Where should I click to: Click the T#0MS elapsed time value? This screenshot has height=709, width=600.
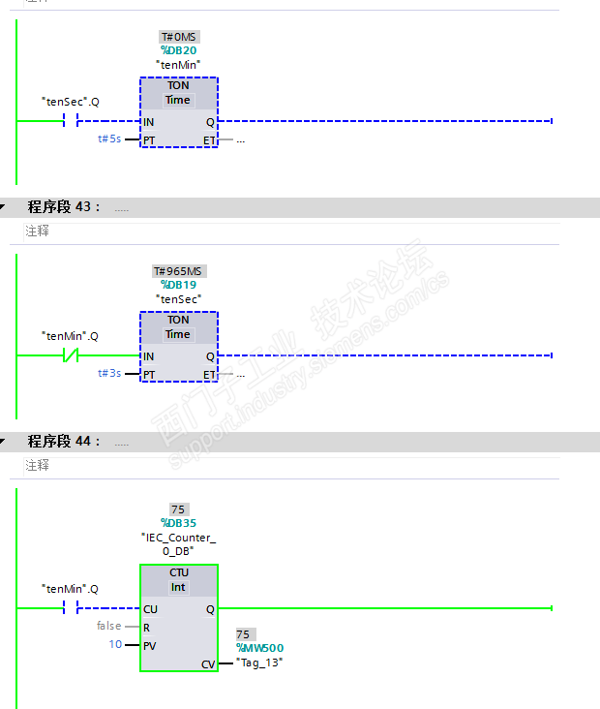point(178,37)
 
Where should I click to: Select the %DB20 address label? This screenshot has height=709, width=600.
point(179,50)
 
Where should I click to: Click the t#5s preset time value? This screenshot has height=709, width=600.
point(109,139)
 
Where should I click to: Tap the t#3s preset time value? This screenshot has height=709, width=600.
point(109,373)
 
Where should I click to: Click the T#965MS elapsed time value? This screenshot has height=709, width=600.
point(178,271)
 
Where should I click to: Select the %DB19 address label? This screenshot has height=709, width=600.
point(179,285)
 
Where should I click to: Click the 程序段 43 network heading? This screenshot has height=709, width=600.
point(64,207)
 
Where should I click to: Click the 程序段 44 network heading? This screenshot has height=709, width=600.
point(64,442)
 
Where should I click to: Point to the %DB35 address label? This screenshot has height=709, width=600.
point(178,523)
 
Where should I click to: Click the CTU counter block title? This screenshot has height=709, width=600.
point(179,572)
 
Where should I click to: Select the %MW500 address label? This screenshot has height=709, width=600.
point(259,648)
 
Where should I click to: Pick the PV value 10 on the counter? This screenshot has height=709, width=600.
point(115,644)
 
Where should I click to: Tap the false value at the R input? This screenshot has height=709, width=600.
point(108,626)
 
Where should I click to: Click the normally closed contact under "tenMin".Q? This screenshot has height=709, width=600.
point(70,355)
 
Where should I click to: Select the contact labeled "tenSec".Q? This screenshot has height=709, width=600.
point(70,121)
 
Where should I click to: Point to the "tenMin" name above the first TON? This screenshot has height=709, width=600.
point(178,64)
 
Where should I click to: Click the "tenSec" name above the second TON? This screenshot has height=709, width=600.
point(178,298)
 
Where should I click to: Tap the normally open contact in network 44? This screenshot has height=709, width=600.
point(70,608)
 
